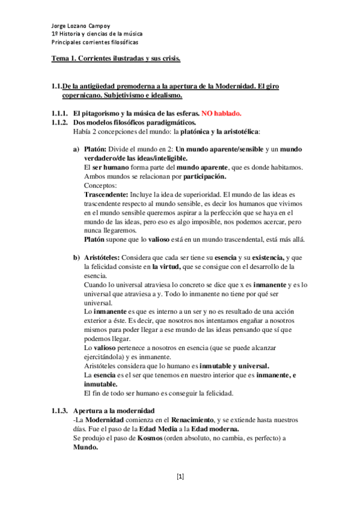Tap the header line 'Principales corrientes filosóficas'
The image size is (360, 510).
click(x=94, y=43)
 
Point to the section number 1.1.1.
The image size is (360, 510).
click(x=59, y=113)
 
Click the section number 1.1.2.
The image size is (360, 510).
click(x=59, y=122)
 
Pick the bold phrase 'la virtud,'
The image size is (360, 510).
click(x=171, y=266)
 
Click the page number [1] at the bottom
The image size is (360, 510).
click(x=180, y=477)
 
